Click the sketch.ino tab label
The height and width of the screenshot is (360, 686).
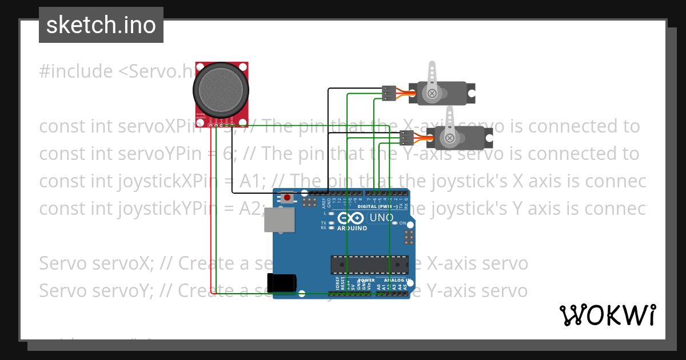coord(101,25)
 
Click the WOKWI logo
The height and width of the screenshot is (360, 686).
coord(607,315)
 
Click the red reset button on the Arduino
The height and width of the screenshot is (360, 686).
coord(287,198)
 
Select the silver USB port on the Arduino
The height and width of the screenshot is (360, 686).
coord(280,219)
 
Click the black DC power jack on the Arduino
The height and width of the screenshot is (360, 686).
coord(282,283)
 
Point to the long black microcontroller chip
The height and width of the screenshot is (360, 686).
coord(370,265)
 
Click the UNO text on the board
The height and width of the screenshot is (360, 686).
coord(381,218)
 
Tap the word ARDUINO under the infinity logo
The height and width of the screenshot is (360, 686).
coord(352,228)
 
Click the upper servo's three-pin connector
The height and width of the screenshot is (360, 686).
coord(389,93)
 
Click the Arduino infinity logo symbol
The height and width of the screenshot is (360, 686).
coord(350,218)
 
